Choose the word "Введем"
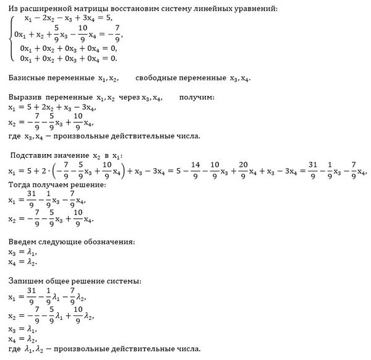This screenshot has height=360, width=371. coord(24,241)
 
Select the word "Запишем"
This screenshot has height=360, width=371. coord(26,281)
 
